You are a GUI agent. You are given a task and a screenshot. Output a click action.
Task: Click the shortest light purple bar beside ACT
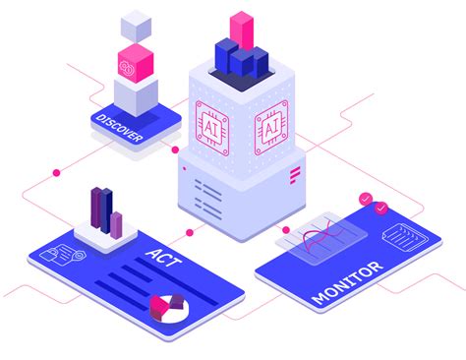point(117,224)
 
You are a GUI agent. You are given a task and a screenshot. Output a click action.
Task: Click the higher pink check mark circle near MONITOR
point(367,199)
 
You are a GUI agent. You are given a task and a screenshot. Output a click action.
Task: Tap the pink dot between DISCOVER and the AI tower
point(176,150)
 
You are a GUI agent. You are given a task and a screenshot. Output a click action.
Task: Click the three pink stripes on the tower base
point(295,175)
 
